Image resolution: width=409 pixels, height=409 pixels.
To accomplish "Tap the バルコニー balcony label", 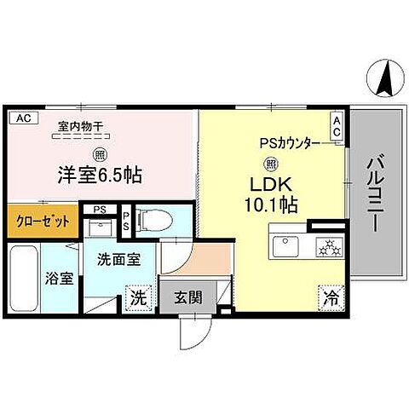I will (376, 195).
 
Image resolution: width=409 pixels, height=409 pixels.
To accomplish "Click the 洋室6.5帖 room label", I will (100, 176).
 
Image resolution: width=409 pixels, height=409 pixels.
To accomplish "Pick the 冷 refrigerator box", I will (330, 297).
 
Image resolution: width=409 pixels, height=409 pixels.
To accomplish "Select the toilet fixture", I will (155, 219).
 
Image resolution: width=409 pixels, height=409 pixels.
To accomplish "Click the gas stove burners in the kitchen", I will (329, 248).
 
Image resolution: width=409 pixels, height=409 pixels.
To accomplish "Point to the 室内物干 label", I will (80, 127).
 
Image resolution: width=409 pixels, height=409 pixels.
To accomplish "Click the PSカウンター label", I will (290, 143).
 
